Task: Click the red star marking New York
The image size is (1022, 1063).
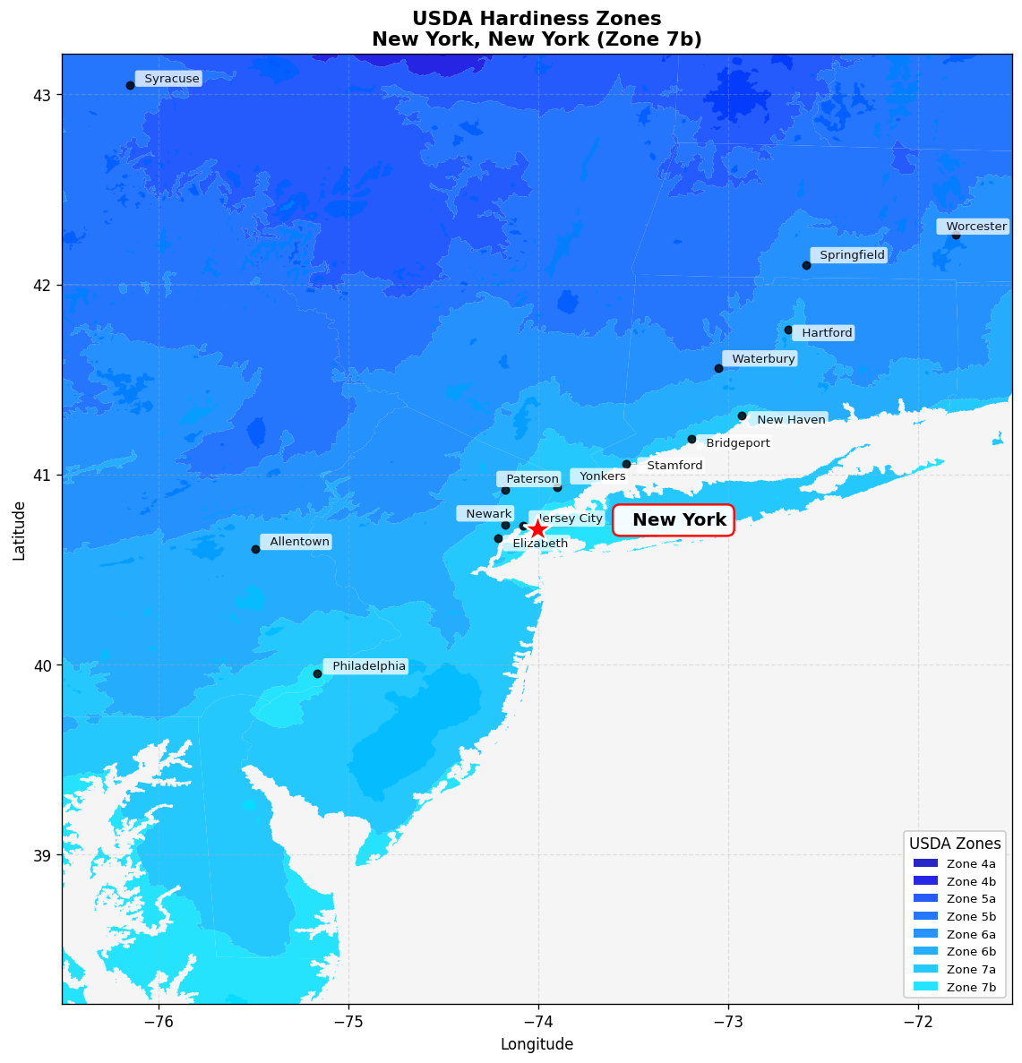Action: [x=537, y=528]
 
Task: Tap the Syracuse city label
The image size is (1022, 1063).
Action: [x=169, y=79]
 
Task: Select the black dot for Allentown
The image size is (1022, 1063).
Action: [x=255, y=549]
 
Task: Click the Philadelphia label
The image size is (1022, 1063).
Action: [x=367, y=666]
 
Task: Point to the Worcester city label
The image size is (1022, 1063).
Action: [x=975, y=227]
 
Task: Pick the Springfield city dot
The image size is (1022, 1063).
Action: [x=806, y=265]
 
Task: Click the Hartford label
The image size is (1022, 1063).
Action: [x=825, y=333]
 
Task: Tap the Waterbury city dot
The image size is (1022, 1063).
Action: [x=718, y=368]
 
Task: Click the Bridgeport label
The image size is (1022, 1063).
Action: [x=736, y=443]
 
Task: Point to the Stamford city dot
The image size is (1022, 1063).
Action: [x=626, y=464]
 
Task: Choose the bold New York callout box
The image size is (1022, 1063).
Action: [x=674, y=520]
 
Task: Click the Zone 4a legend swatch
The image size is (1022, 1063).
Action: [x=925, y=863]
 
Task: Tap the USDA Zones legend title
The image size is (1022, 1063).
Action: [x=955, y=844]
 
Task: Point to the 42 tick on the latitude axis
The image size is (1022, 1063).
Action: [x=42, y=285]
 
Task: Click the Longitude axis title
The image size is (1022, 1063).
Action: [x=537, y=1044]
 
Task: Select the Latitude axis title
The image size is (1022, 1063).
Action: [x=19, y=529]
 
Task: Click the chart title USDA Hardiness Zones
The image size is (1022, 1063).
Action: [x=537, y=19]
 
